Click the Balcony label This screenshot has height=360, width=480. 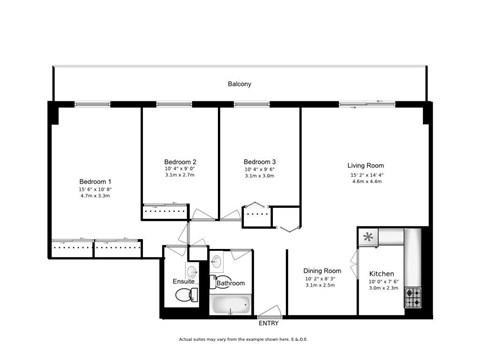click(x=239, y=84)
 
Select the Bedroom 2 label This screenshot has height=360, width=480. click(x=180, y=161)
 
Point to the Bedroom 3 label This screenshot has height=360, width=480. click(x=260, y=161)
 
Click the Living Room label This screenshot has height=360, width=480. click(x=366, y=165)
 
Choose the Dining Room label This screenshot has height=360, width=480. click(x=322, y=271)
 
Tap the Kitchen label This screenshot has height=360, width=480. click(x=383, y=273)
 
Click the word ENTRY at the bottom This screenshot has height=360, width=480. click(x=269, y=323)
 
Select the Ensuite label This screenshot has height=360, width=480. click(x=184, y=282)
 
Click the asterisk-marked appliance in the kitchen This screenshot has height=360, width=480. click(x=369, y=238)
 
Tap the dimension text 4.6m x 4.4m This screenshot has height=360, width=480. click(x=366, y=182)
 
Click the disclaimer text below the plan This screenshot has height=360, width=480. click(x=239, y=339)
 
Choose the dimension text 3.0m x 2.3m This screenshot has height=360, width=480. click(x=383, y=289)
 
